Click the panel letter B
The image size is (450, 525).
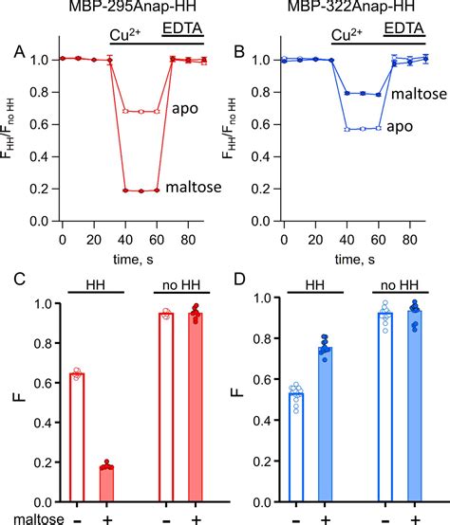tap(240, 51)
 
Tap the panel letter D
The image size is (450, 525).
tap(240, 282)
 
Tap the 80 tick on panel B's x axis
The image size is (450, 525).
tap(408, 241)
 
